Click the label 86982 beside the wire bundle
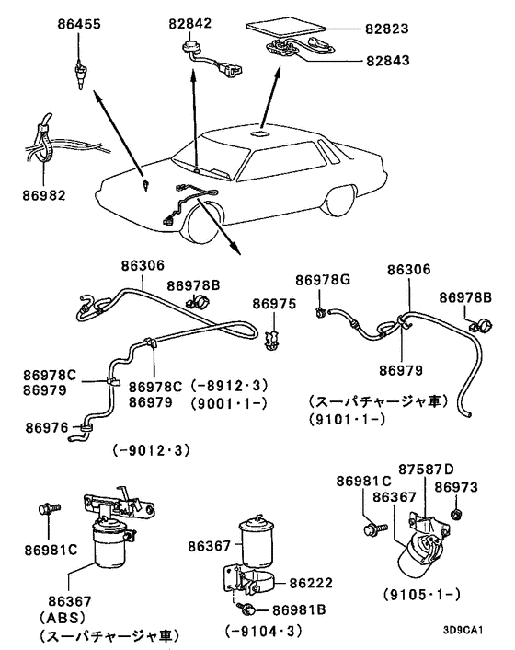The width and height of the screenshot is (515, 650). (44, 194)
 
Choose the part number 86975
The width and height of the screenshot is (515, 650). (274, 303)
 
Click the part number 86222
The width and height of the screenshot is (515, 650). (309, 583)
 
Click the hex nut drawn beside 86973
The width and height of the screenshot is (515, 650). (455, 512)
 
